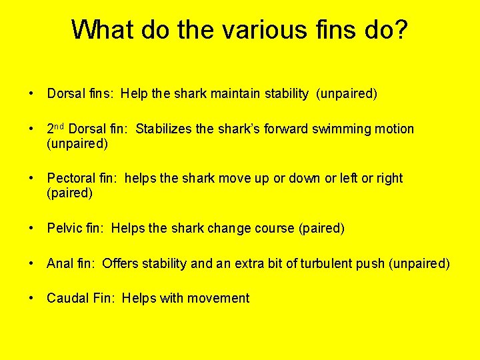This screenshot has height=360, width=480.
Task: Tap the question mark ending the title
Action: (x=399, y=29)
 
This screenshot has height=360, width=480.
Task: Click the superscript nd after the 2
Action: (x=60, y=126)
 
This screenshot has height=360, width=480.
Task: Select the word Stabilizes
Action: (x=164, y=129)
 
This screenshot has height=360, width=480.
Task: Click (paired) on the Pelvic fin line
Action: (x=322, y=229)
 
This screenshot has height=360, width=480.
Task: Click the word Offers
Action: (x=121, y=263)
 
